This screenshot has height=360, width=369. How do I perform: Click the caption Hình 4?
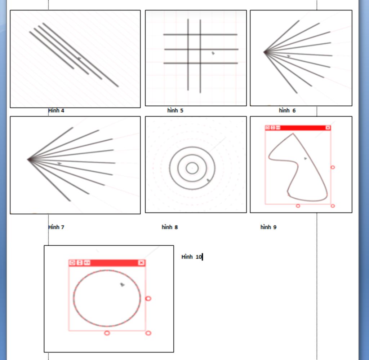56,110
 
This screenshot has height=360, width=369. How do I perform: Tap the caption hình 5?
175,110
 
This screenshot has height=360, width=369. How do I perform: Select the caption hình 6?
287,110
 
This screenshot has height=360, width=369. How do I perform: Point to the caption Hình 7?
56,227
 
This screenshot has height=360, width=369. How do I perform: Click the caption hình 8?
170,227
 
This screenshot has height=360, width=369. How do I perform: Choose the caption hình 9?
268,227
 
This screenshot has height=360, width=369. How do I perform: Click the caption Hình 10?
192,257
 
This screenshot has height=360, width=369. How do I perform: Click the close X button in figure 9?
328,128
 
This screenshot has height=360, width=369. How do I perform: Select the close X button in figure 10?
141,263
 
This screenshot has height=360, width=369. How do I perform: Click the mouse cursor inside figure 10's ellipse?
122,285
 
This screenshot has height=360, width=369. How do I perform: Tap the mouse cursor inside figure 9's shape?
305,159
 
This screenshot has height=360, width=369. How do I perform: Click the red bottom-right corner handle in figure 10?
148,333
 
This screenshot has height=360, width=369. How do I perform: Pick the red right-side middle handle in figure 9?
333,167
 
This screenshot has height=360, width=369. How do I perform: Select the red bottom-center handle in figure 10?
107,333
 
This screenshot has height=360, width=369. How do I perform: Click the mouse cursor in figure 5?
213,53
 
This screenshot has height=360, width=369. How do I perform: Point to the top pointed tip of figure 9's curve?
293,133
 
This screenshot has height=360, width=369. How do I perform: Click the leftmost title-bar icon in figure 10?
72,263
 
